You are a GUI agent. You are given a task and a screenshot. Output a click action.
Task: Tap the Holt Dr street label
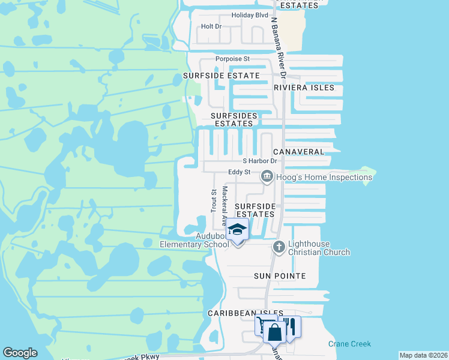[x=211, y=26]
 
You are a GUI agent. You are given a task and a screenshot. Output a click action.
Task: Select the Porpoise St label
[x=233, y=59]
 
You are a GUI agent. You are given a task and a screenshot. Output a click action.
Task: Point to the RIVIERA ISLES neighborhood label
[x=304, y=88]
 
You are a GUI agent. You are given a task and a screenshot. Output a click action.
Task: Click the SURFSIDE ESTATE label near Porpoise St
[x=221, y=76]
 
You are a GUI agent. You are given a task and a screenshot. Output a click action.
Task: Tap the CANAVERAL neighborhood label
[x=298, y=152]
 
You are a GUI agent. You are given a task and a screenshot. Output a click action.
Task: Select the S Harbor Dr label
[x=259, y=161]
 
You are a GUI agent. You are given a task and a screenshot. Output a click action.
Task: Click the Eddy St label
[x=239, y=172]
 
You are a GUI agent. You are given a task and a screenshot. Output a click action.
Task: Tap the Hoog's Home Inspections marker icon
[x=267, y=176]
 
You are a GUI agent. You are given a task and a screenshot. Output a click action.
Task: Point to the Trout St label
[x=214, y=200]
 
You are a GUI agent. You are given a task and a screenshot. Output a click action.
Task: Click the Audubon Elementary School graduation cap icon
[x=237, y=230]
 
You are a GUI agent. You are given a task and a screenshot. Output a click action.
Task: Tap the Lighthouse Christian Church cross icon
[x=279, y=247]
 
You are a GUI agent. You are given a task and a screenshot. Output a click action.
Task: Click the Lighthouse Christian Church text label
[x=319, y=248]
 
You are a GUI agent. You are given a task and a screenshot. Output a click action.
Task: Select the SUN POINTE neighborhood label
[x=280, y=276]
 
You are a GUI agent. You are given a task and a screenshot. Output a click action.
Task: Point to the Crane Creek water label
[x=349, y=344]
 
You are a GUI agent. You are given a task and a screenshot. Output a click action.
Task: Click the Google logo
[x=20, y=353]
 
